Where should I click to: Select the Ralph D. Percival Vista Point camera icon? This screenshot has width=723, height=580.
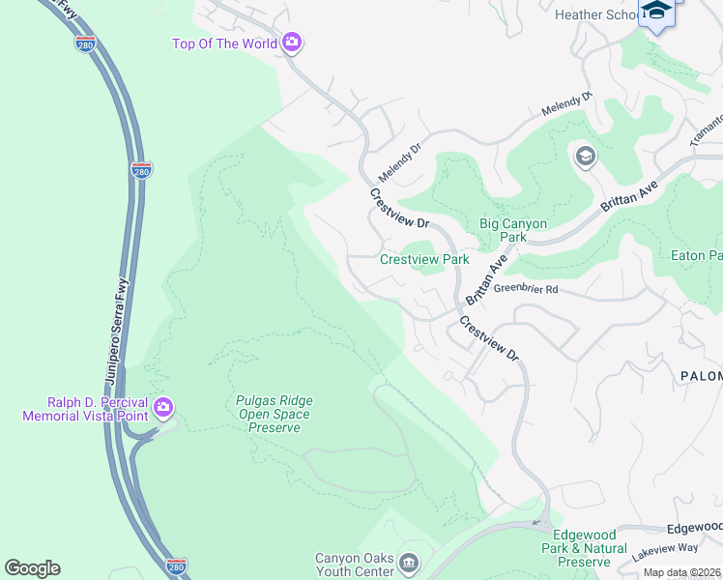(x=164, y=409)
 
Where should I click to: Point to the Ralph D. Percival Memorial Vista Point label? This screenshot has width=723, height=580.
(x=86, y=409)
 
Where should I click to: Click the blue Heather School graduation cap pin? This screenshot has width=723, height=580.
(x=657, y=13)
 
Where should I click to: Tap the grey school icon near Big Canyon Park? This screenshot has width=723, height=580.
(x=585, y=156)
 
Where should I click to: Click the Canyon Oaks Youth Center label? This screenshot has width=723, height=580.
(x=356, y=564)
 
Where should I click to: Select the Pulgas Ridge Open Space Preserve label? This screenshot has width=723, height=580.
(x=275, y=414)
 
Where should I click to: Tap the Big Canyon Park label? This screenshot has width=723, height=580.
(x=514, y=230)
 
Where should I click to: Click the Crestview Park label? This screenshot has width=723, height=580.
(x=424, y=259)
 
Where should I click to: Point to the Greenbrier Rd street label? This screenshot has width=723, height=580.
(x=526, y=288)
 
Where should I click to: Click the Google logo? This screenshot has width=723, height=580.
(x=32, y=568)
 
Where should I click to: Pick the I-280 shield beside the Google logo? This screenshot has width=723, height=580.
(x=176, y=566)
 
